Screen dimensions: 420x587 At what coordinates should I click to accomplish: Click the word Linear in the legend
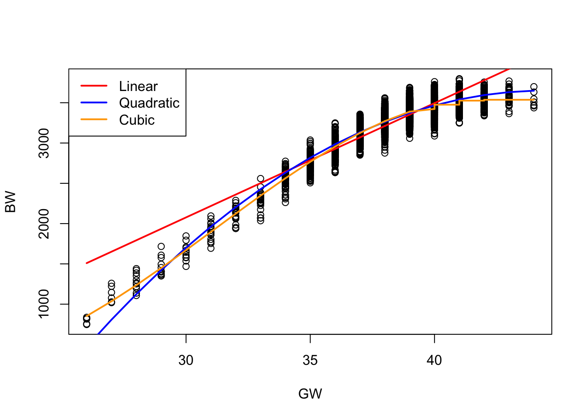pyautogui.click(x=138, y=86)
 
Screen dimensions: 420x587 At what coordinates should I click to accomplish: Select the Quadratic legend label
pyautogui.click(x=149, y=103)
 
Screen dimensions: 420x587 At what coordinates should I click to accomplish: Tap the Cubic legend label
pyautogui.click(x=137, y=120)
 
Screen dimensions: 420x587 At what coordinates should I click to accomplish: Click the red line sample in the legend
pyautogui.click(x=94, y=86)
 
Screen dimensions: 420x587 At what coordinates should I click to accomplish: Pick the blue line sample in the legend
pyautogui.click(x=94, y=103)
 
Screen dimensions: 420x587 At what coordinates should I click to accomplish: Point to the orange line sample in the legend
pyautogui.click(x=94, y=119)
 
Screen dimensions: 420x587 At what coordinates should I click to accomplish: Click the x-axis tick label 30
pyautogui.click(x=186, y=360)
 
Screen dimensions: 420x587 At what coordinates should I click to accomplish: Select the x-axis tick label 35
pyautogui.click(x=310, y=360)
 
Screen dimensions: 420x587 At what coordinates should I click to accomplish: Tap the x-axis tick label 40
pyautogui.click(x=434, y=360)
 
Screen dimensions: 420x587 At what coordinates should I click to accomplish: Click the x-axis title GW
pyautogui.click(x=310, y=394)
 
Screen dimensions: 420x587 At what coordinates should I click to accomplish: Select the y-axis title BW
pyautogui.click(x=10, y=202)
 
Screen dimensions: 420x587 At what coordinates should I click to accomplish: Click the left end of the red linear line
pyautogui.click(x=87, y=263)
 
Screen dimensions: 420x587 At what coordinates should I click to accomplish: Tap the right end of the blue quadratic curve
pyautogui.click(x=534, y=91)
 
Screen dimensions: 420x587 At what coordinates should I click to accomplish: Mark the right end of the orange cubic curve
pyautogui.click(x=534, y=100)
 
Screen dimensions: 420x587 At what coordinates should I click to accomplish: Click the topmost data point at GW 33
pyautogui.click(x=261, y=178)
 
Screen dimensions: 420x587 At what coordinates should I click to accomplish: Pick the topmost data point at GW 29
pyautogui.click(x=161, y=246)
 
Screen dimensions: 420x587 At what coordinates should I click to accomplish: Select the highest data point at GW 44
pyautogui.click(x=534, y=87)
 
